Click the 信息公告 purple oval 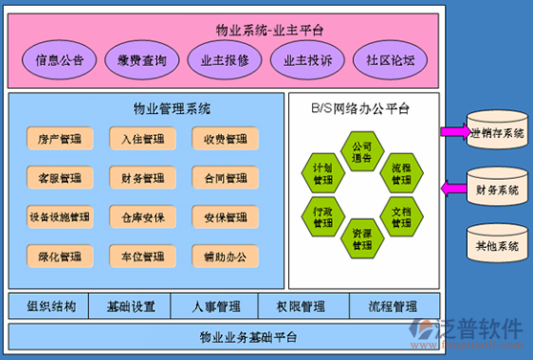pos(59,60)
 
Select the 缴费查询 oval pos(142,60)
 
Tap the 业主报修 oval pos(225,60)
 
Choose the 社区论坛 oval pos(390,60)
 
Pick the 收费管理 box pos(225,140)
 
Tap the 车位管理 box pos(142,258)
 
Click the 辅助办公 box pos(225,258)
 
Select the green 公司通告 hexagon pos(362,153)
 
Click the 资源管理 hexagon pos(362,238)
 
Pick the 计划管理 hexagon pos(322,174)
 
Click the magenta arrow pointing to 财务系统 pos(453,189)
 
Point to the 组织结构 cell pos(51,307)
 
